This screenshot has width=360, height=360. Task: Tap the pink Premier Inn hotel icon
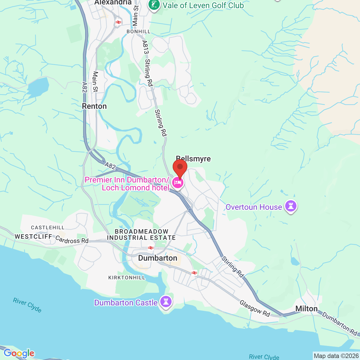pos(178,183)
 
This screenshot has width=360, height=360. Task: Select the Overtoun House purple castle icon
pos(291,206)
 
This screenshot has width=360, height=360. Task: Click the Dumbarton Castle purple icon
pos(166,302)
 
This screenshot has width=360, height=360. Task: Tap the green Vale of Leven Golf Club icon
pos(154,5)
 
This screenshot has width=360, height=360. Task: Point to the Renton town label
pos(94,106)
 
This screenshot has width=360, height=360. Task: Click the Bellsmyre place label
pos(193,159)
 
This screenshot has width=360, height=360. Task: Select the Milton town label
pos(307,309)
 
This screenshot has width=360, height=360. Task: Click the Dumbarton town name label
pos(158,258)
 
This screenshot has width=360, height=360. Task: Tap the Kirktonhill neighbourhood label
pos(127,278)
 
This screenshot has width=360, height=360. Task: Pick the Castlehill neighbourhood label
pos(48,228)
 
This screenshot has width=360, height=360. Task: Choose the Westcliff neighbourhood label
pos(33,237)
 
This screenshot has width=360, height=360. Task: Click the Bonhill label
pos(139,31)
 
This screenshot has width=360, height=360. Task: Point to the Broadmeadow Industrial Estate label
pos(141,235)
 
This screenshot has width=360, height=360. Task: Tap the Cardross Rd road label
pos(72,240)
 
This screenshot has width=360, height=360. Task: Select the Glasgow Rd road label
pos(255,308)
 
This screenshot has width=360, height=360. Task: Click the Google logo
pos(19,353)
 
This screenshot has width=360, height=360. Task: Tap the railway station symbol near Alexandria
pos(118,22)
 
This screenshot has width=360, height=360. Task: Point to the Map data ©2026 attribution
pos(336,356)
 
